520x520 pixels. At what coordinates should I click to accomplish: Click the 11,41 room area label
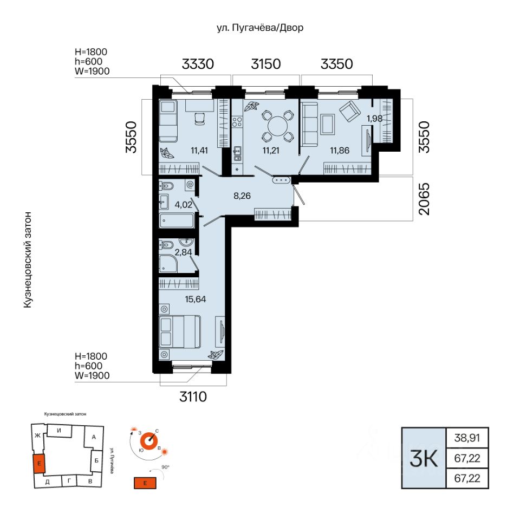(199, 150)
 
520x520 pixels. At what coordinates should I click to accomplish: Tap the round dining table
(277, 126)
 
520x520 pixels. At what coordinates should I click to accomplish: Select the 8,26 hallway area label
(242, 196)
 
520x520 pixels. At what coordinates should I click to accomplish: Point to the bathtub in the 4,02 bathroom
(177, 221)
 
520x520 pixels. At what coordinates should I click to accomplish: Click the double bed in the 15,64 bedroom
(180, 331)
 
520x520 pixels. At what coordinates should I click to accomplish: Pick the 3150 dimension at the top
(265, 64)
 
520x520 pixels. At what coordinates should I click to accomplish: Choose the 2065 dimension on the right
(424, 199)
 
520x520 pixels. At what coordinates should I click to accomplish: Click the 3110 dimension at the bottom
(193, 396)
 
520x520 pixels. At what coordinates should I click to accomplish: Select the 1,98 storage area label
(374, 119)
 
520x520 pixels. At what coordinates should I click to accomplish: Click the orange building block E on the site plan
(39, 463)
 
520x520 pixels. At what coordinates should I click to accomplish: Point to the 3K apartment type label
(424, 458)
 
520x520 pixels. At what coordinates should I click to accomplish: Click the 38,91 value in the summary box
(467, 438)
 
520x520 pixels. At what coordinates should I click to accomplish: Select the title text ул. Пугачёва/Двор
(260, 28)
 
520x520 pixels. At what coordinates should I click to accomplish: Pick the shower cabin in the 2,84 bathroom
(168, 264)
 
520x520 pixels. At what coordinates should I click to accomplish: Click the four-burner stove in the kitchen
(237, 122)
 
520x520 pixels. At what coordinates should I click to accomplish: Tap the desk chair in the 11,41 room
(199, 119)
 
